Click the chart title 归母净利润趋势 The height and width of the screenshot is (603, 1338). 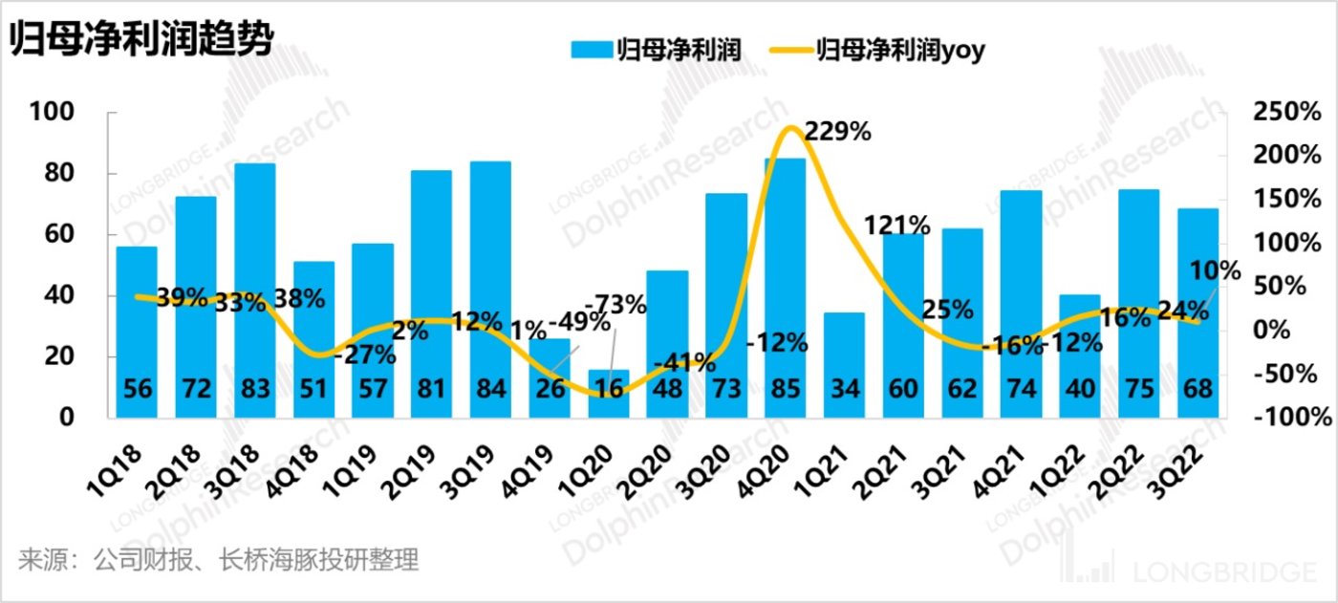coord(141,41)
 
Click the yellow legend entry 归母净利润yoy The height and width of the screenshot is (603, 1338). coord(884,50)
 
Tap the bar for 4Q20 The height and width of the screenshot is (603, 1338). coord(785,287)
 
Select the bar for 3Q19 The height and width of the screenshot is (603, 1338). coord(490,287)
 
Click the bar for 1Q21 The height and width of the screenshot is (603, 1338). coord(844,363)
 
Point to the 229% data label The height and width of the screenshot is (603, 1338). coord(837,132)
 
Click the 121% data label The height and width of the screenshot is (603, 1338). coord(896,226)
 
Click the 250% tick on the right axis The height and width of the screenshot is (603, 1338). coord(1286,112)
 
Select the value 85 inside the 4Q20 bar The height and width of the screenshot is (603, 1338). coord(785,390)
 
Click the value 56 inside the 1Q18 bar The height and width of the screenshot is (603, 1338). coord(137,390)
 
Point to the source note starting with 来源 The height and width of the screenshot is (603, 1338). coord(218,560)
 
